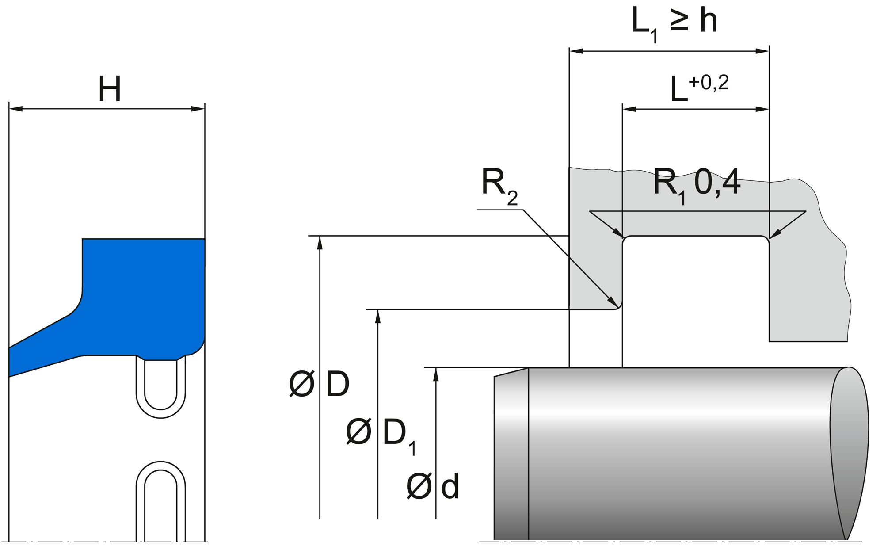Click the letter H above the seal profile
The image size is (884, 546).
point(109,89)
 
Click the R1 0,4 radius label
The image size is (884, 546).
point(696,183)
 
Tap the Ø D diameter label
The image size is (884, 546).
point(319,384)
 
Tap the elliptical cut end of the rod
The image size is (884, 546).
point(849,451)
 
